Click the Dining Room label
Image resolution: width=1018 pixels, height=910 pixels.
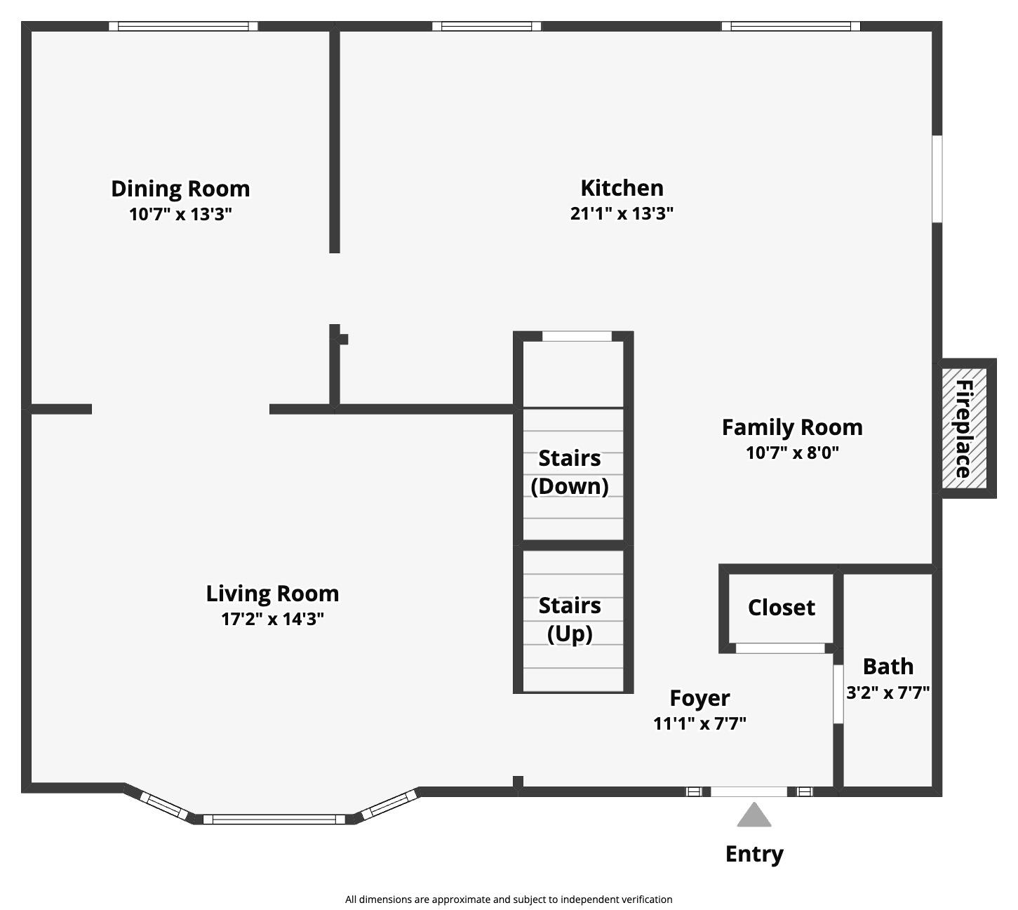click(180, 189)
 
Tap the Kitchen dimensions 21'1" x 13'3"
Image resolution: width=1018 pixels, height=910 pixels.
click(622, 213)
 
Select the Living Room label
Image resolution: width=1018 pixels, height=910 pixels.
click(272, 594)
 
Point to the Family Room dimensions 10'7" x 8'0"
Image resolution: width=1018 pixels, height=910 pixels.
click(792, 453)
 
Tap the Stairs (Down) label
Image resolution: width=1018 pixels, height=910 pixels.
click(570, 472)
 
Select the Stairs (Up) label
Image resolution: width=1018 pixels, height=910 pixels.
click(570, 620)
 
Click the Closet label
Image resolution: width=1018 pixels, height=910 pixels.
click(781, 608)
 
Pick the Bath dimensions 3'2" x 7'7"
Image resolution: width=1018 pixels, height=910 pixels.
click(888, 693)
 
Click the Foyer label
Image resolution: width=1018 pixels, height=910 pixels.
click(699, 698)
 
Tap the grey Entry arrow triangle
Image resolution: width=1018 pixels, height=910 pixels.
click(754, 816)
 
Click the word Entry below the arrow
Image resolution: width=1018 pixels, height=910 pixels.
click(754, 854)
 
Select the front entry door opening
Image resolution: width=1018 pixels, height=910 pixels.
click(749, 791)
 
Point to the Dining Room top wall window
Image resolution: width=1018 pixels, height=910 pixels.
click(183, 27)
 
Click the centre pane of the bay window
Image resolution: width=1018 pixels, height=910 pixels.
click(274, 819)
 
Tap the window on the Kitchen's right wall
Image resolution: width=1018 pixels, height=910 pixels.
click(937, 179)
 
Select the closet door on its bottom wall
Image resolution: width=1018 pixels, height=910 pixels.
click(779, 648)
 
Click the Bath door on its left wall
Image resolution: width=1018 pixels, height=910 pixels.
click(838, 694)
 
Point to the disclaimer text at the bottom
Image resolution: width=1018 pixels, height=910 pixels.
click(509, 899)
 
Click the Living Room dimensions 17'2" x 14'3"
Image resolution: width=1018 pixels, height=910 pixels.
click(272, 619)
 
